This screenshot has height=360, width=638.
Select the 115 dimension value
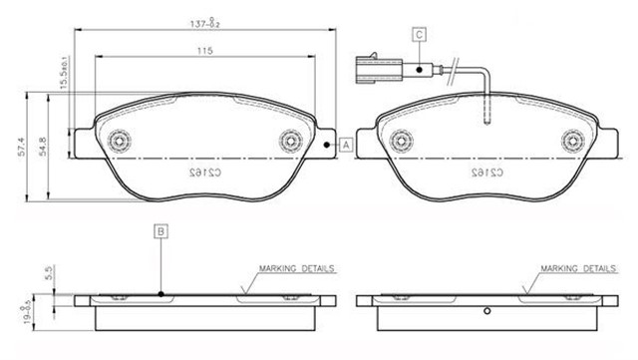click(205, 50)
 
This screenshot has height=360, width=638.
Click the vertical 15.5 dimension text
click(62, 77)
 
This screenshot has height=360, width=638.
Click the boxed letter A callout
click(346, 145)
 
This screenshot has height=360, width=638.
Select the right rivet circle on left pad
click(292, 140)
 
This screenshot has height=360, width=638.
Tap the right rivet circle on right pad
click(572, 140)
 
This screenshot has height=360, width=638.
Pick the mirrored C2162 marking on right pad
click(486, 173)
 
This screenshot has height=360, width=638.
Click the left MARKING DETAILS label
click(296, 269)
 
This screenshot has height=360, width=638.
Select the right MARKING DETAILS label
click(578, 269)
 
